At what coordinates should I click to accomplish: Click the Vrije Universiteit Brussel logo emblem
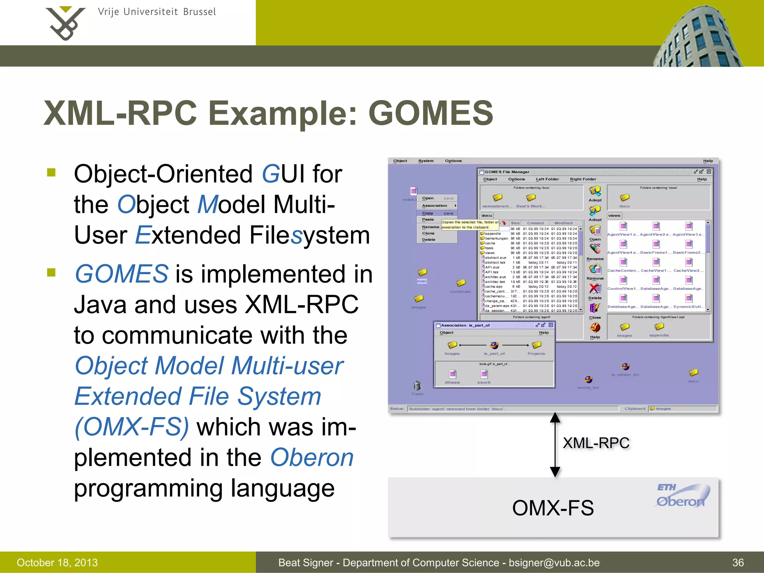(x=65, y=23)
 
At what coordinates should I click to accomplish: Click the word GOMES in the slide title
(x=431, y=113)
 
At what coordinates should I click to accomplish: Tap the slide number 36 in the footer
(x=738, y=563)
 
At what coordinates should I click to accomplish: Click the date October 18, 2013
(x=57, y=563)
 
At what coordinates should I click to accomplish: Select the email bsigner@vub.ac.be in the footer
(x=554, y=563)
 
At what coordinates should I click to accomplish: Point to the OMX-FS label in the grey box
(x=552, y=508)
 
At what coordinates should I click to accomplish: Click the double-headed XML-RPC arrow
(x=555, y=445)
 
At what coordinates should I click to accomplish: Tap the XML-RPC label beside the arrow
(x=596, y=443)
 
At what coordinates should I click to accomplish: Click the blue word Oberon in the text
(x=311, y=458)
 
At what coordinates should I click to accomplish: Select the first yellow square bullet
(x=51, y=172)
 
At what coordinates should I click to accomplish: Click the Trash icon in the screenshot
(x=417, y=386)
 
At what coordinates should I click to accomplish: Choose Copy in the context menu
(x=428, y=213)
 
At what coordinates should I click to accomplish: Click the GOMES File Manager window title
(x=507, y=172)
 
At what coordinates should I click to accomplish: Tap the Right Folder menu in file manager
(x=583, y=179)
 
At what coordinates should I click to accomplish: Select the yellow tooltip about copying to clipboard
(x=470, y=225)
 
